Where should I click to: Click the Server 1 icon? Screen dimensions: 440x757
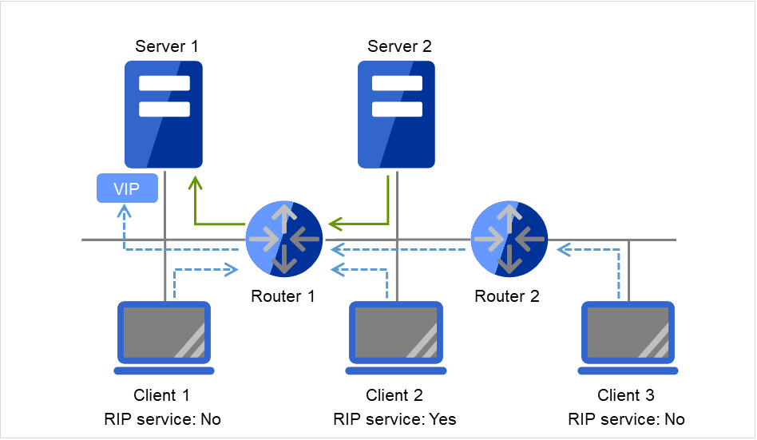click(164, 113)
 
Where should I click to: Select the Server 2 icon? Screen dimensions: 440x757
click(396, 113)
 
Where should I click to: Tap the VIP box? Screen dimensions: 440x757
click(126, 189)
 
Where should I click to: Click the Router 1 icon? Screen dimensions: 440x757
click(284, 239)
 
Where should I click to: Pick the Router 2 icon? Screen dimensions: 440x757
click(509, 239)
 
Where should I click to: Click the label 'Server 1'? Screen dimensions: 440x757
click(166, 46)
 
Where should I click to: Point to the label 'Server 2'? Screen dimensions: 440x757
click(399, 46)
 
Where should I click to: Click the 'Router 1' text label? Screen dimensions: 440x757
click(283, 296)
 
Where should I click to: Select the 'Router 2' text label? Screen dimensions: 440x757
click(507, 296)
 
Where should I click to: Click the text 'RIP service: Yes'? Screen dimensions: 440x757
click(394, 419)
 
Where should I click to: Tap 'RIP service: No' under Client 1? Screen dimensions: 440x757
click(162, 419)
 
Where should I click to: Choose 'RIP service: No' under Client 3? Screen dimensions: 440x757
click(626, 419)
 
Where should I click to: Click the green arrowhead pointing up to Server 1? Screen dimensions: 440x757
click(194, 184)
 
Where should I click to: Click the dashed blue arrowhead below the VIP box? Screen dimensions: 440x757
click(124, 212)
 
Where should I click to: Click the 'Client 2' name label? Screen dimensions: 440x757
click(394, 395)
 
